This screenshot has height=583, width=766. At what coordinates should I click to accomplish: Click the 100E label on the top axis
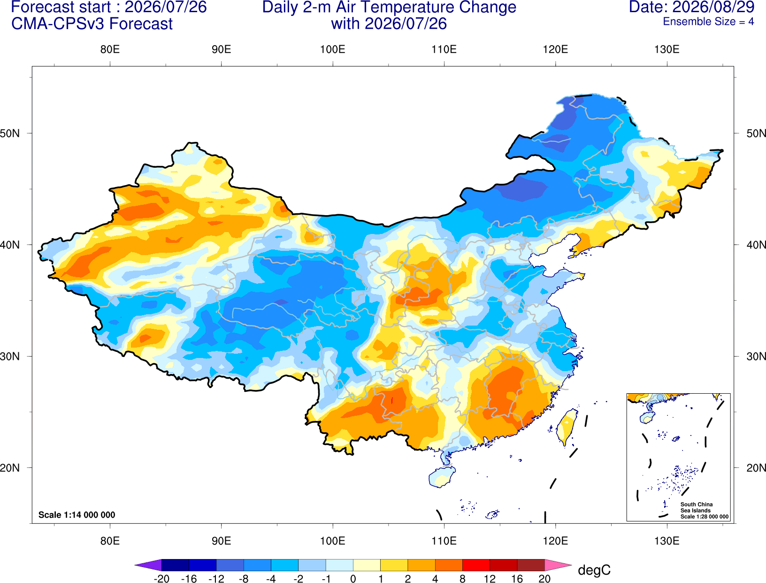(x=333, y=49)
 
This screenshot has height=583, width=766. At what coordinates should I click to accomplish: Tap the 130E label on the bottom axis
(x=666, y=541)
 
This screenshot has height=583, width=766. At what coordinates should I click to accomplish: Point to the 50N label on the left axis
(x=10, y=133)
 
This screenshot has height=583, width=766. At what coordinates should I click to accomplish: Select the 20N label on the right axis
(x=756, y=468)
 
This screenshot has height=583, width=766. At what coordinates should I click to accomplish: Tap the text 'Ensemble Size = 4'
(x=708, y=22)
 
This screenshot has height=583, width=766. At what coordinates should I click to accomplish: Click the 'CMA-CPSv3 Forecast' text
(x=92, y=24)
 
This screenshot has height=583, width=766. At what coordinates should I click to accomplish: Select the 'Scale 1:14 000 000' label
(x=77, y=514)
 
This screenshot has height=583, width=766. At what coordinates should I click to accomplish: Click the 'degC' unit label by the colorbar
(x=594, y=570)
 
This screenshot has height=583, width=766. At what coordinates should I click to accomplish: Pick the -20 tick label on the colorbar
(x=161, y=579)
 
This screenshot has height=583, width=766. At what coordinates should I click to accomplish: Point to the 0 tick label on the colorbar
(x=353, y=579)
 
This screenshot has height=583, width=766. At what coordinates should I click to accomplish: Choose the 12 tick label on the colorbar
(x=490, y=579)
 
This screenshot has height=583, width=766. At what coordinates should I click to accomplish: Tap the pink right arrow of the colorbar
(x=558, y=565)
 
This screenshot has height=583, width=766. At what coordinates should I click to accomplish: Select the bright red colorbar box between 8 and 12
(x=476, y=565)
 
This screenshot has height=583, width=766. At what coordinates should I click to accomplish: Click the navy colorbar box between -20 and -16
(x=175, y=565)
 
